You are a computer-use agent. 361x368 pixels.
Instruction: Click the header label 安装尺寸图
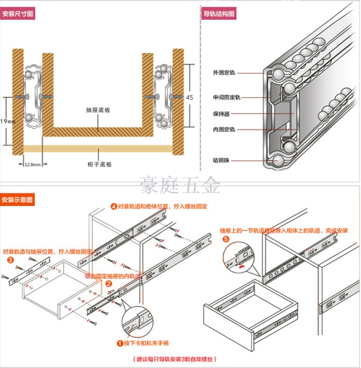tap(18, 14)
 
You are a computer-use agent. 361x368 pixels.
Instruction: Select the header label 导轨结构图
tap(219, 14)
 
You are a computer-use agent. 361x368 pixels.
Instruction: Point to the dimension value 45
tap(190, 97)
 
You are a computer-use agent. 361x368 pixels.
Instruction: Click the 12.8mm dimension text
tap(32, 165)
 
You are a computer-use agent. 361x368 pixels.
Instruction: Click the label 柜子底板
tap(100, 164)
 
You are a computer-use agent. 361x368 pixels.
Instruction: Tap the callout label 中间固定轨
tap(227, 97)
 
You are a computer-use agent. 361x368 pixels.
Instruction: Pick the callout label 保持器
tap(222, 114)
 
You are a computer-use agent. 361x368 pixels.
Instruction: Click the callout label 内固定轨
tap(224, 130)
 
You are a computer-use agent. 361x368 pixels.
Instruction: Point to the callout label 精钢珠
tap(222, 160)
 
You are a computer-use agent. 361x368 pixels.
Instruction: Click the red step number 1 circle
tap(120, 343)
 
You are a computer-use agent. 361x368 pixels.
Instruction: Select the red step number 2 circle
tap(109, 284)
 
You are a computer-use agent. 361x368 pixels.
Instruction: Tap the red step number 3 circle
tap(9, 260)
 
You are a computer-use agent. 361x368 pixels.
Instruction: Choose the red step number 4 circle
tap(114, 207)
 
